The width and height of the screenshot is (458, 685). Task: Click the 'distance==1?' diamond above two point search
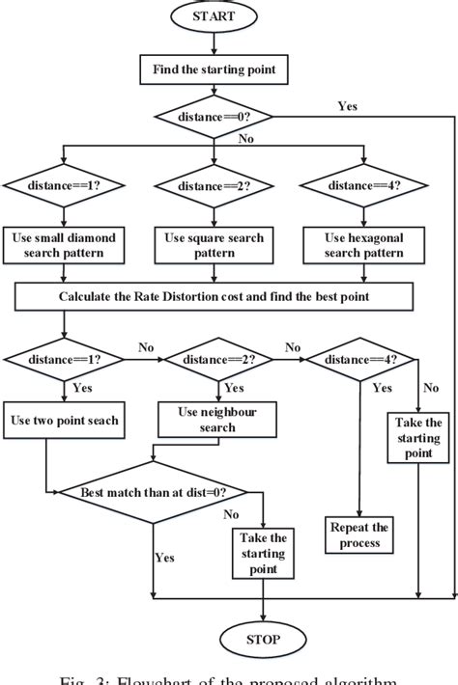click(x=64, y=360)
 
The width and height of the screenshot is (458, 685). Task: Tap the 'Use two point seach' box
click(x=64, y=421)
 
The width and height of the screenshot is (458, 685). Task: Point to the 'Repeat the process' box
click(x=359, y=534)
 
